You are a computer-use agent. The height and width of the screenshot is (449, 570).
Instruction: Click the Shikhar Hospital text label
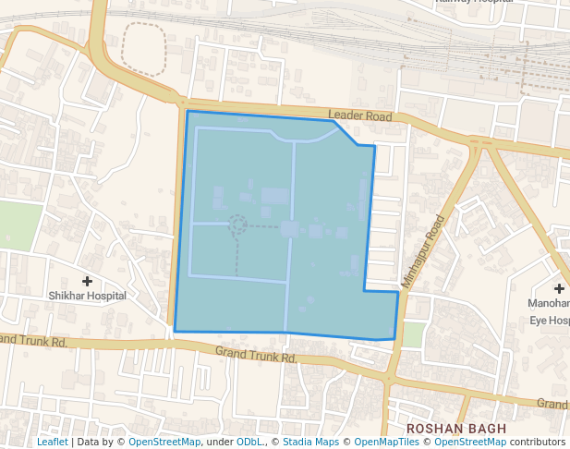click(88, 296)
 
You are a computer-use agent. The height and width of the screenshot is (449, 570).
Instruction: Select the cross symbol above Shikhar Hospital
click(88, 281)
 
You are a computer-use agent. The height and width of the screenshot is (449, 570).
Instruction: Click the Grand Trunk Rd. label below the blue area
click(255, 354)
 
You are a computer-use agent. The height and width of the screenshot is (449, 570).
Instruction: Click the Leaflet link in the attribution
click(52, 443)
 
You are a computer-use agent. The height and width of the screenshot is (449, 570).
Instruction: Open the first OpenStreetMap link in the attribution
click(164, 443)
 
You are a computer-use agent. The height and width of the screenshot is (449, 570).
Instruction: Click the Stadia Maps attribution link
click(310, 443)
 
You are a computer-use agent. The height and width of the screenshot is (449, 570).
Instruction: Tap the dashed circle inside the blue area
click(237, 224)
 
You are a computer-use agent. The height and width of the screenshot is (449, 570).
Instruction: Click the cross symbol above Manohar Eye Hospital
click(560, 289)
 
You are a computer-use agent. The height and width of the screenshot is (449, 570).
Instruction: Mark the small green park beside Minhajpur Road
click(414, 334)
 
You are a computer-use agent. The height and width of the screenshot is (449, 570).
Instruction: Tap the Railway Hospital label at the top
click(475, 3)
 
